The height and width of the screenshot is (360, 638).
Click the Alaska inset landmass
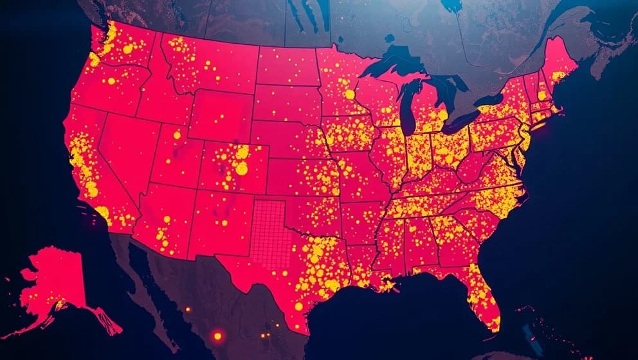pos(55,276)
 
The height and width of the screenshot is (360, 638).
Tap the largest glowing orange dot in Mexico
pos(217,336)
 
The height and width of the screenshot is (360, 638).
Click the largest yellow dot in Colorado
pos(241,168)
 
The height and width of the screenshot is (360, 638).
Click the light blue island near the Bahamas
pos(528,334)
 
